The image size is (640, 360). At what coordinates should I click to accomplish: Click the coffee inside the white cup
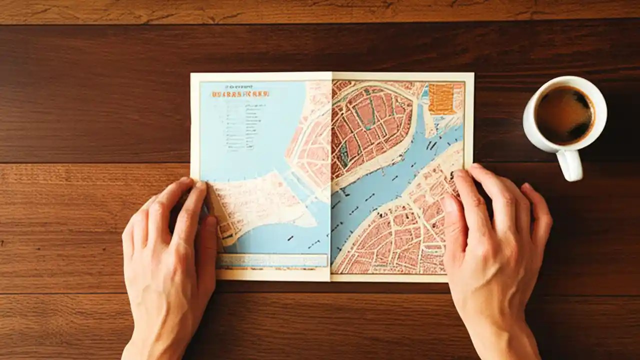tap(564, 114)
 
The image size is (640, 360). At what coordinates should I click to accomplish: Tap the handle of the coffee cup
tap(571, 165)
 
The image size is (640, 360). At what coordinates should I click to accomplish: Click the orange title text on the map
tap(240, 93)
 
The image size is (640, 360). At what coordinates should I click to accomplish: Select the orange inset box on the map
tap(441, 98)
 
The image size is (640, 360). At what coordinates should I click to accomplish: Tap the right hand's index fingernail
tap(448, 203)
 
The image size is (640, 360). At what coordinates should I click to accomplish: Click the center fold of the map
tap(331, 175)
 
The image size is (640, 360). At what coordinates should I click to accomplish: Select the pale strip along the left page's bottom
tap(272, 260)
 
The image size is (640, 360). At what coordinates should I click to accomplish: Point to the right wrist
tap(500, 335)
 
